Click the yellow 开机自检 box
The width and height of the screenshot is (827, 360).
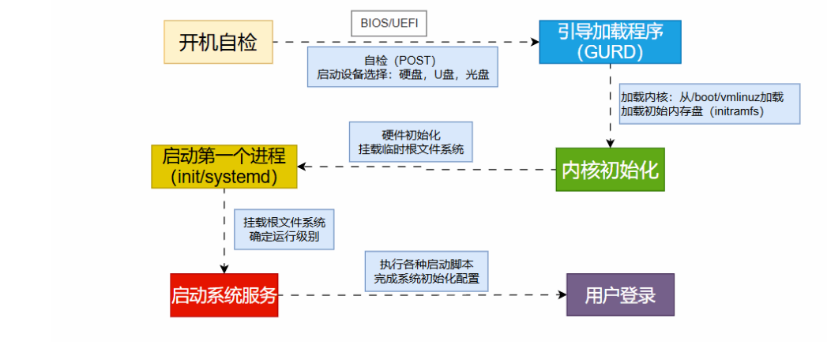[x=218, y=42]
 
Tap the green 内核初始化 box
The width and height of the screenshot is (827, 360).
[x=610, y=169]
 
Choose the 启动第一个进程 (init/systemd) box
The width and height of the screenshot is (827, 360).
[x=224, y=166]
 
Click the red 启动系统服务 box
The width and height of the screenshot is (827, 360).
[x=224, y=295]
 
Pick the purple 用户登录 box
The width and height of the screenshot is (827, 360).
[x=620, y=294]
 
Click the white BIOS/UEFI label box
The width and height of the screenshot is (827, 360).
[x=389, y=24]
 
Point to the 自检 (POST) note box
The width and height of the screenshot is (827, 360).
[x=403, y=66]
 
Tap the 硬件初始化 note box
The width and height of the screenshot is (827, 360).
[x=411, y=141]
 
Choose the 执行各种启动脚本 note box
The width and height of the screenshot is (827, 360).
[x=427, y=271]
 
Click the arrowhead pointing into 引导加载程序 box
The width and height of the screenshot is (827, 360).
[x=534, y=42]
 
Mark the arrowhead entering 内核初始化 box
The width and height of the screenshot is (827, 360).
[x=610, y=143]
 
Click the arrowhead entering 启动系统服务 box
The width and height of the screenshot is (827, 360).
[x=224, y=269]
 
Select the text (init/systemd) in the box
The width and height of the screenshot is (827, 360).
[x=224, y=177]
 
